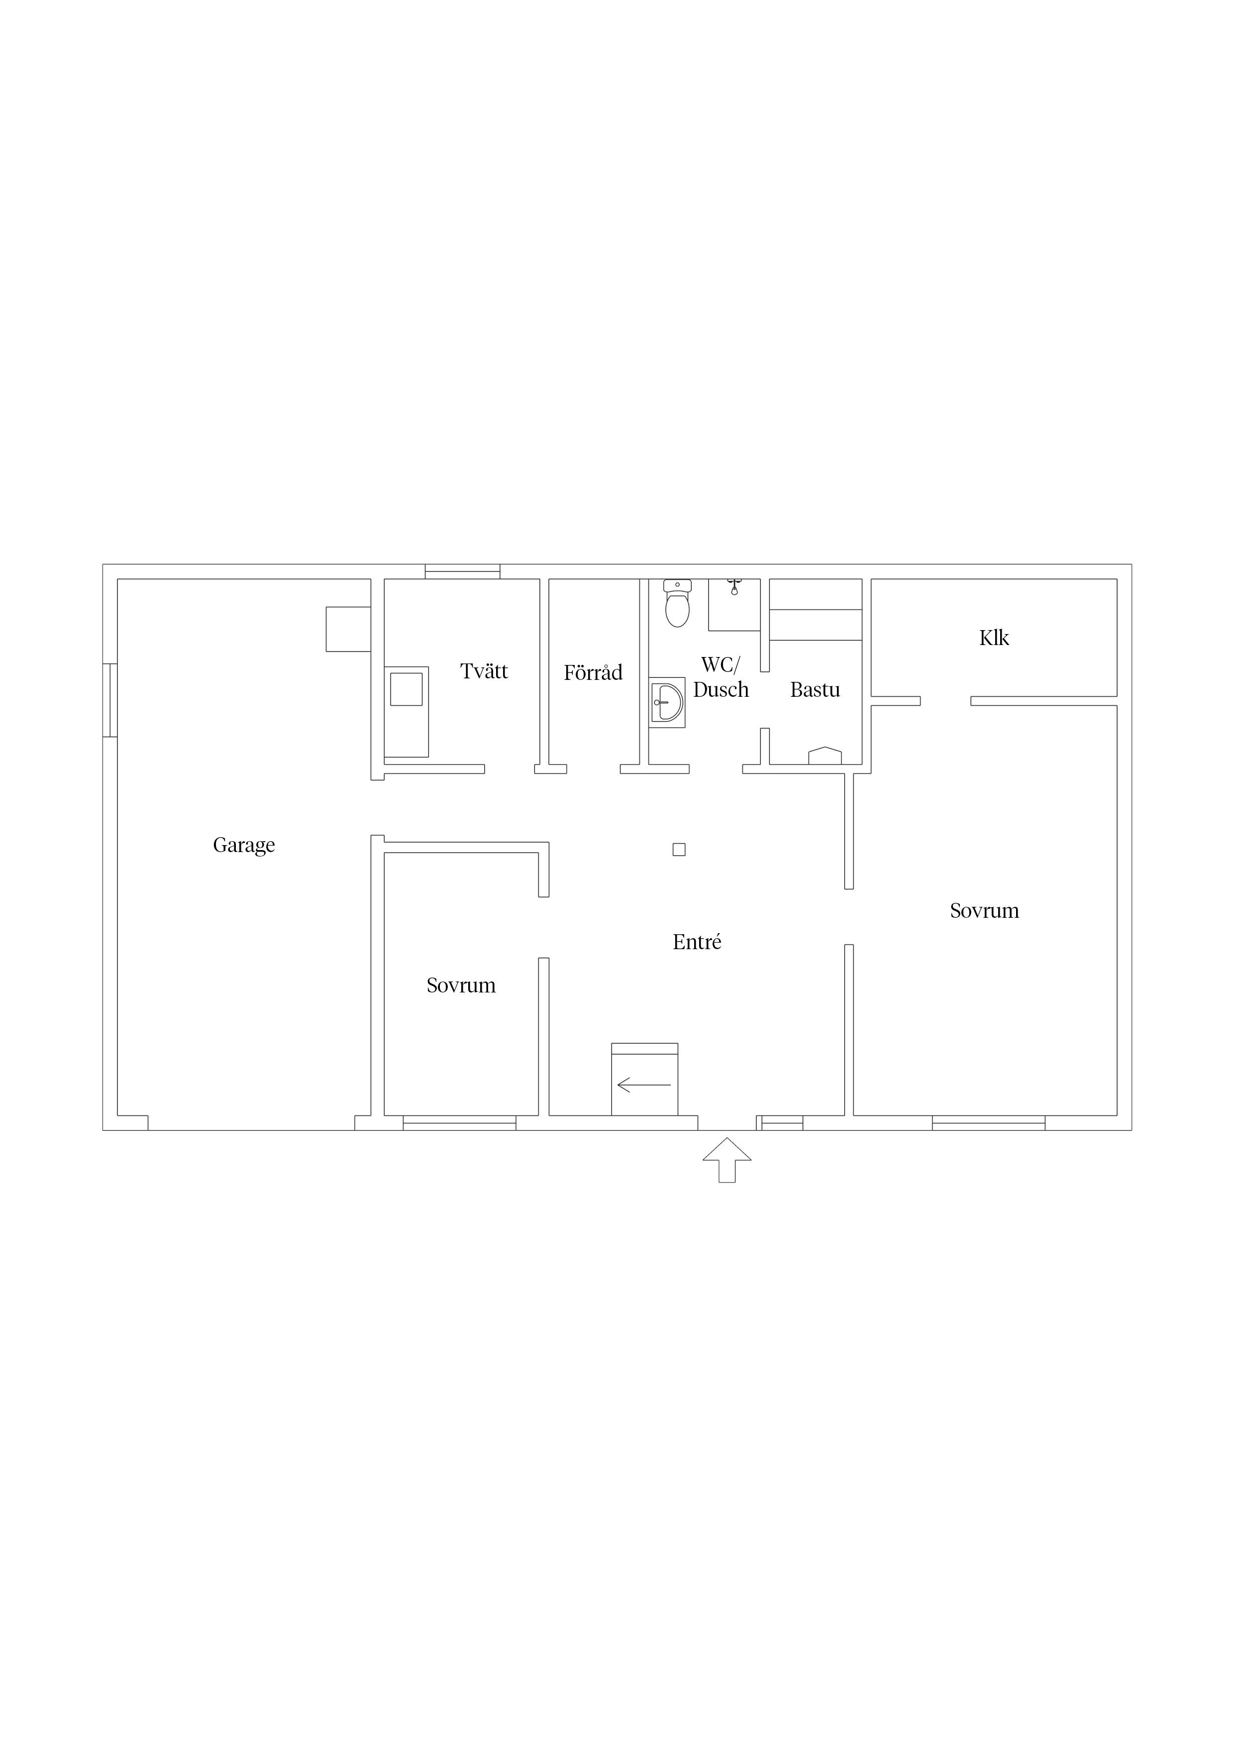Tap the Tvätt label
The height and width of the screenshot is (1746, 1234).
point(484,671)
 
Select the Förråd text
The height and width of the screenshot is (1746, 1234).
point(593,672)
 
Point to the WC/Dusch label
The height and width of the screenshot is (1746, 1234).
point(721,677)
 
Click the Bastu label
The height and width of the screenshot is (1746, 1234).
point(815,690)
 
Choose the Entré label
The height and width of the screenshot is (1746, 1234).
point(697,942)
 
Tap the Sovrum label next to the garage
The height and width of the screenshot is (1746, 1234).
point(461,985)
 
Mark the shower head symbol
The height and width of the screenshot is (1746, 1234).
point(734,586)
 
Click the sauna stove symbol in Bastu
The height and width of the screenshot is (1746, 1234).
point(825,756)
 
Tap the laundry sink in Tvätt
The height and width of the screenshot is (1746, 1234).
point(406,689)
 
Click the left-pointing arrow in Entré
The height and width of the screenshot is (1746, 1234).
point(644,1085)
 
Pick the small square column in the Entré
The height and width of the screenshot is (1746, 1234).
point(679,850)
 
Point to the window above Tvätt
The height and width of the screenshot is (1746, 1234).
point(462,572)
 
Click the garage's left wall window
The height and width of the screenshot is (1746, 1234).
point(110,700)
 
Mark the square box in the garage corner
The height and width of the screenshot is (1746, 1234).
point(348,629)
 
